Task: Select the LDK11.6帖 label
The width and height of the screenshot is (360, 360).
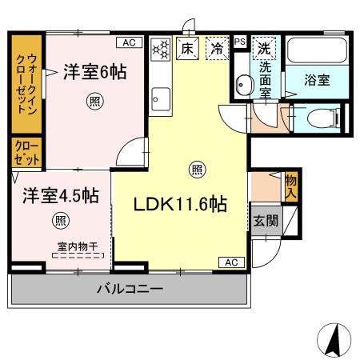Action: pos(180,204)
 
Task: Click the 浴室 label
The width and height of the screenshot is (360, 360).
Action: pos(318,80)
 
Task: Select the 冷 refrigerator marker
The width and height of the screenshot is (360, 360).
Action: pos(217,49)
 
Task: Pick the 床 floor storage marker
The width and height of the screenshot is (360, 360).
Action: pos(186,49)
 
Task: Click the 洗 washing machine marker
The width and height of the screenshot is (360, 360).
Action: pos(262,49)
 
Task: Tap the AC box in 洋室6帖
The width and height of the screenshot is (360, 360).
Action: pos(129,42)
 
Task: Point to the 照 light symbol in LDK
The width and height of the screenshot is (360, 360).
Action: pos(195,168)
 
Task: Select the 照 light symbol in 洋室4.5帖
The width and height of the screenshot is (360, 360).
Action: pos(60,220)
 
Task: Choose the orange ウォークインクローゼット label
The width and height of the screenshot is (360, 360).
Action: pos(25,82)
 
